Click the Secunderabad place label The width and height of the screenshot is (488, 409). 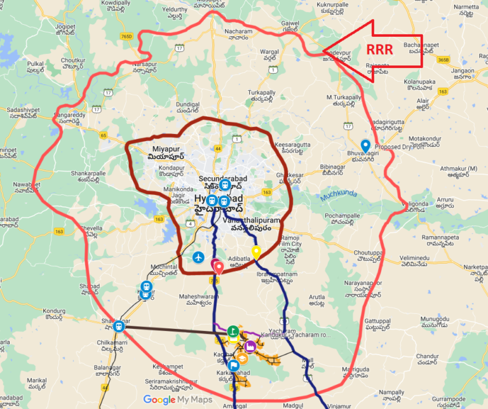click(221, 179)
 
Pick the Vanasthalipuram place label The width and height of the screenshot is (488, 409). click(252, 222)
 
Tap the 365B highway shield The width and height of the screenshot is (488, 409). click(443, 59)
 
